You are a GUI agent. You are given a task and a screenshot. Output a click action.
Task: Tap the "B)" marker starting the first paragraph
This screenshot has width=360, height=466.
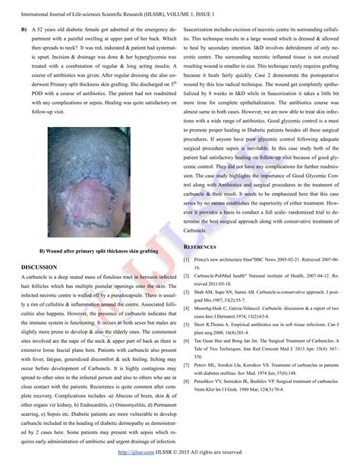24,28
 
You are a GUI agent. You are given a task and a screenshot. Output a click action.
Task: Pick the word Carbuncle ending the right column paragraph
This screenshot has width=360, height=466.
200,230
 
